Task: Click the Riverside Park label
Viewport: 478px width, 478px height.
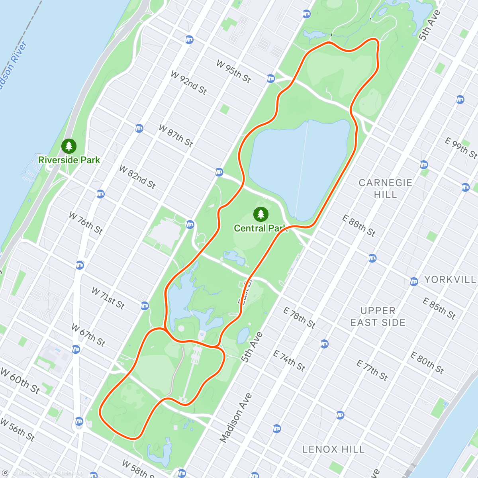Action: pos(69,160)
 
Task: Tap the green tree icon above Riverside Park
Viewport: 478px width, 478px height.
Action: pos(69,146)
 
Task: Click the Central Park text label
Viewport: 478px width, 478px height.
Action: pos(261,228)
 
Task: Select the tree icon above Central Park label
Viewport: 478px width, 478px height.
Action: pos(261,215)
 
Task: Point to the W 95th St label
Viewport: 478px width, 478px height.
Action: pos(234,71)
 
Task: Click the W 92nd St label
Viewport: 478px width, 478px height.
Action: pos(189,82)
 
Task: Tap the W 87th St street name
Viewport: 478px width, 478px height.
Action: pos(176,135)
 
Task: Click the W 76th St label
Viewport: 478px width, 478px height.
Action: pos(86,223)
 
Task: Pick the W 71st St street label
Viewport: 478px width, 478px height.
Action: pos(108,298)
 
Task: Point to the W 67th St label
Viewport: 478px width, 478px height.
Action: pos(88,335)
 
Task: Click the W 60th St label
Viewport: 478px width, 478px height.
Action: pos(20,381)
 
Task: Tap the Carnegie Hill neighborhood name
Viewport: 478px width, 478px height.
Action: pos(385,188)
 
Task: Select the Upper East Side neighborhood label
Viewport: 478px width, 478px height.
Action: pos(378,317)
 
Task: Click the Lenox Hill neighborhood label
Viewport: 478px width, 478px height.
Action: pos(333,449)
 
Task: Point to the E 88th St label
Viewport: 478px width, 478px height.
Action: pos(359,225)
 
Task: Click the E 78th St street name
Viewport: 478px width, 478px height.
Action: pos(299,317)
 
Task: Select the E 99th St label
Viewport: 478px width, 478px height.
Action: pos(461,148)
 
